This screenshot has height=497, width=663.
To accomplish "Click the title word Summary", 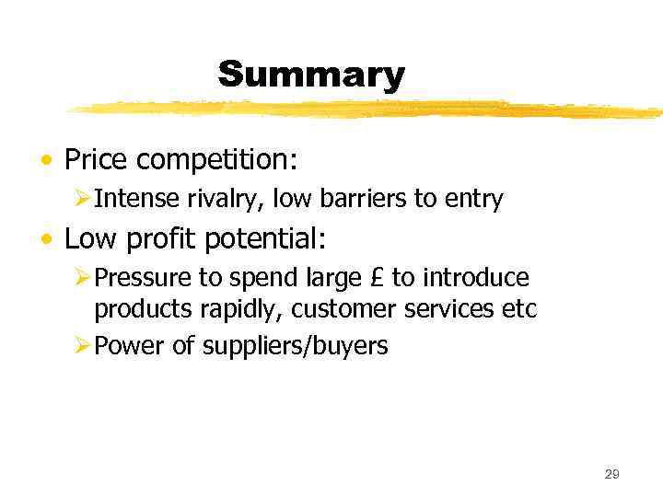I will click(311, 75).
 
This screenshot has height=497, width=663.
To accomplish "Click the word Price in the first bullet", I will click(97, 159).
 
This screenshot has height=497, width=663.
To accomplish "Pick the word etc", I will click(518, 310).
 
